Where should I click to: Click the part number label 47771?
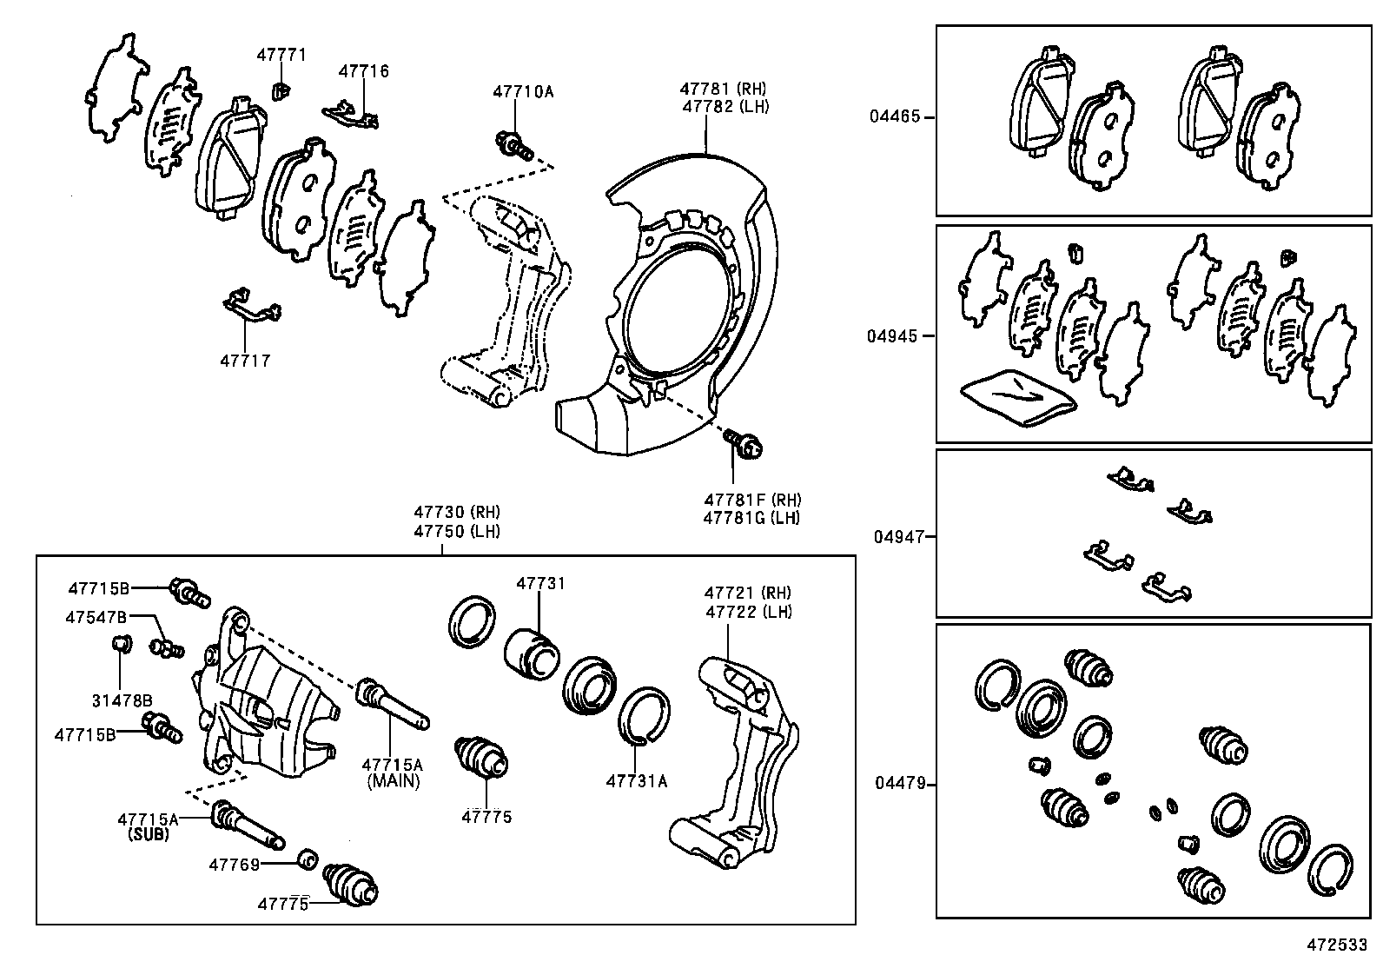point(281,55)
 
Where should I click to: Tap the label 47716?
point(363,71)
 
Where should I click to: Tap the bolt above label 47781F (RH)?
point(744,444)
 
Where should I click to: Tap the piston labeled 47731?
point(533,652)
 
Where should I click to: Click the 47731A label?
point(636,780)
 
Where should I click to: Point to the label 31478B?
point(122,700)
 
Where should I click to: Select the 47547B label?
point(96,617)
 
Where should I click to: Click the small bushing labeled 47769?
point(306,859)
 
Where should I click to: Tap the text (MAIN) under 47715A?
point(393,781)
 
